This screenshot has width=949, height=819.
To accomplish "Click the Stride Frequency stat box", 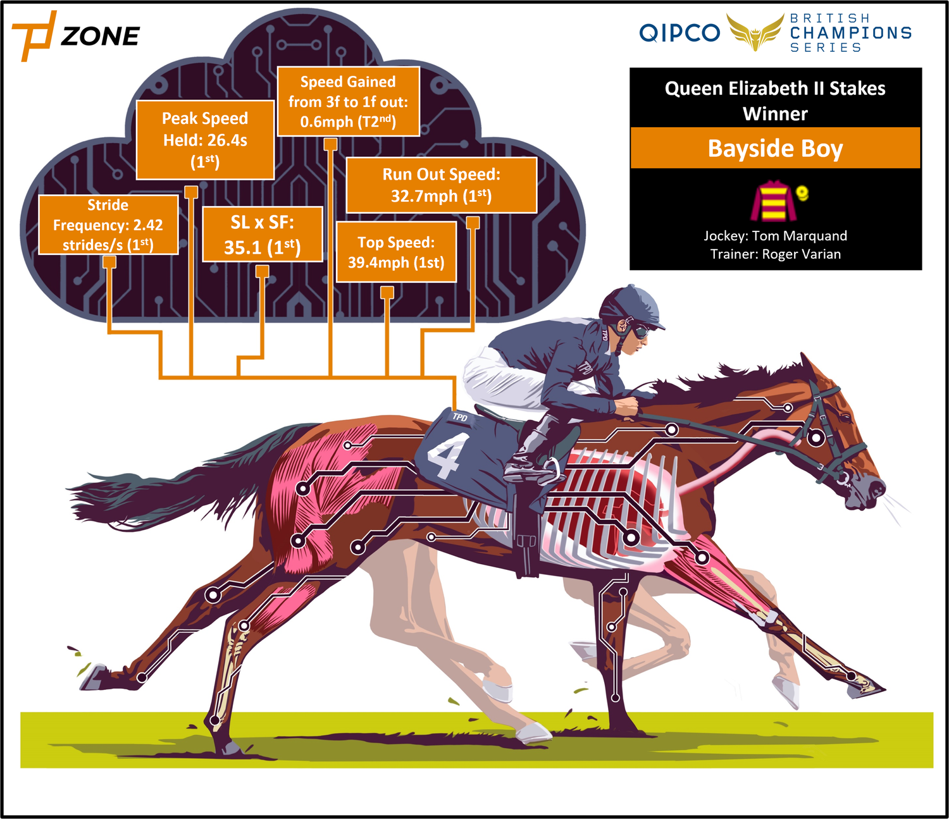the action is (x=108, y=225).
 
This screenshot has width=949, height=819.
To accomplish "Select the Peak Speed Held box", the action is (x=205, y=140).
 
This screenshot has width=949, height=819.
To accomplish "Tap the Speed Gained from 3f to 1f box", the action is (x=349, y=101).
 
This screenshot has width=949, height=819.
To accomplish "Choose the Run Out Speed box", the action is (x=441, y=185).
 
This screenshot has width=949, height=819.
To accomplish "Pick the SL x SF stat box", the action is (x=263, y=234).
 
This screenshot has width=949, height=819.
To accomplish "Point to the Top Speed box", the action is (x=396, y=252).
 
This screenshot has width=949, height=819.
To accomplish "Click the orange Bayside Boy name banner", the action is (x=776, y=148).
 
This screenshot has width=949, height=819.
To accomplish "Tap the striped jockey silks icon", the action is (x=774, y=200).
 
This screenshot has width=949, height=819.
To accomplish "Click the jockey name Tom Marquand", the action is (x=799, y=236).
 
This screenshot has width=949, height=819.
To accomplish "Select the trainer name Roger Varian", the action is (x=801, y=254).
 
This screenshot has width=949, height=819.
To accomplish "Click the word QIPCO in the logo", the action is (x=679, y=33).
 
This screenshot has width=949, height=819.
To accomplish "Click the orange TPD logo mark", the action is (x=34, y=36).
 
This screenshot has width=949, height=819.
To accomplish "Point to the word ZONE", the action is (x=101, y=36).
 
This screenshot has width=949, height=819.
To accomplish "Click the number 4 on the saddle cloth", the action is (x=443, y=455).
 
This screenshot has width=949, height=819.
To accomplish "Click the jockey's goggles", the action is (x=640, y=331).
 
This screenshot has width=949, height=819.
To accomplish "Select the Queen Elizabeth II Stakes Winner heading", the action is (x=776, y=101).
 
